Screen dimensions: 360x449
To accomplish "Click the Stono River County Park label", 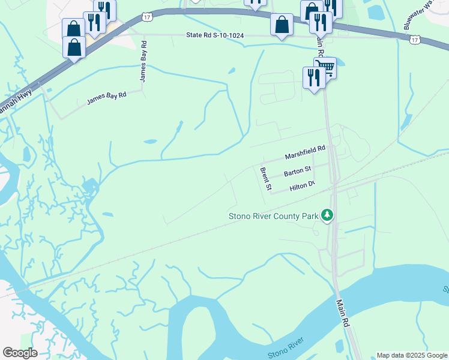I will [x=273, y=217].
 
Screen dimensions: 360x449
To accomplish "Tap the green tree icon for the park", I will [x=327, y=215].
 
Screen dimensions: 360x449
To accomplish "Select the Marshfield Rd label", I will [x=305, y=152].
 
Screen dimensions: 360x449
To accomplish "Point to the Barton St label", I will [x=297, y=172].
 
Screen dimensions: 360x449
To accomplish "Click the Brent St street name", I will [x=266, y=179].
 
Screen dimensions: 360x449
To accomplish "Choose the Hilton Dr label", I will [x=302, y=187].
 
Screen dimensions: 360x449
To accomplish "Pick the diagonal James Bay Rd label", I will [x=106, y=98].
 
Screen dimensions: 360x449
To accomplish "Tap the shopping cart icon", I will [x=325, y=67].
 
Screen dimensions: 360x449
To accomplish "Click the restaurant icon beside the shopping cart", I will [x=313, y=78].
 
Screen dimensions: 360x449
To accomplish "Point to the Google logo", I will [x=20, y=353].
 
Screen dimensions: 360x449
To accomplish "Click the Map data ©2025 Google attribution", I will [x=411, y=355].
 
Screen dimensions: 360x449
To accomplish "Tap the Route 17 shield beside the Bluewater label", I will [x=415, y=40].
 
